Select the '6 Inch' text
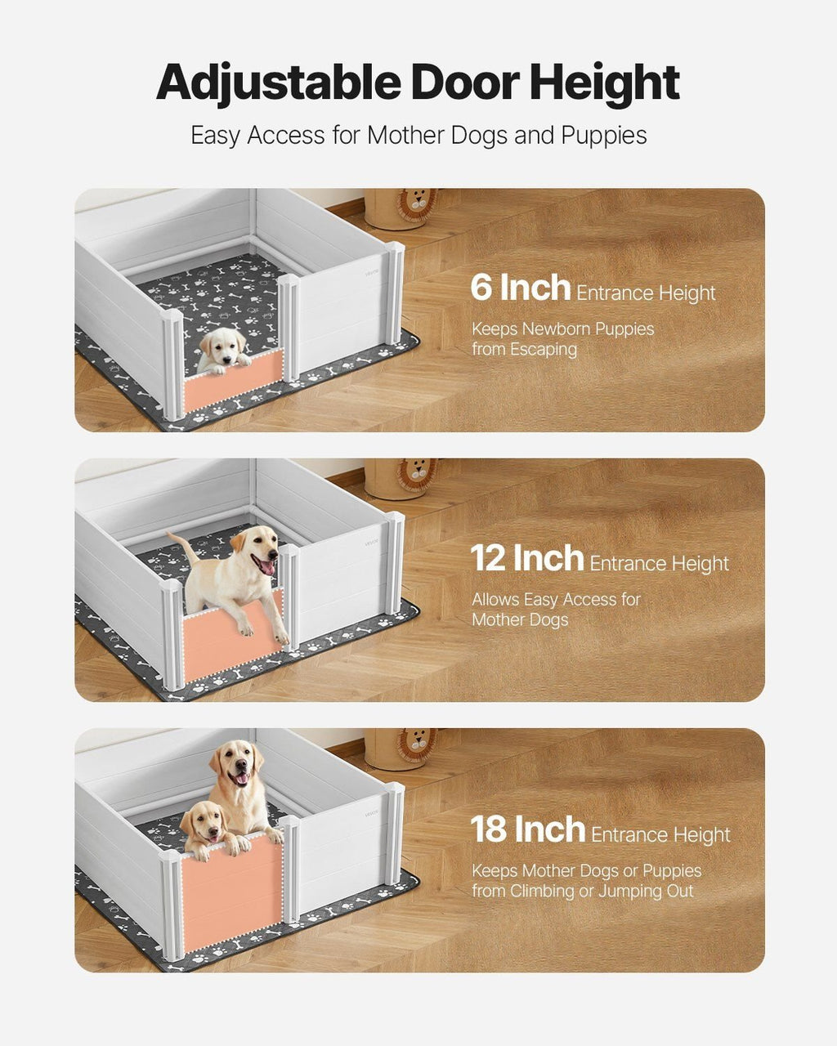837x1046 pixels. pos(520,288)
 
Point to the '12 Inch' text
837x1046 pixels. pos(526,559)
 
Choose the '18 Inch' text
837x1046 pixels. pos(527,829)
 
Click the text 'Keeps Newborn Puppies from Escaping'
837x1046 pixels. pos(562,339)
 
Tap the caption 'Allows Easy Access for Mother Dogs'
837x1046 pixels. pos(556,610)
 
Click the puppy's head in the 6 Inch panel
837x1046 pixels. pos(222,348)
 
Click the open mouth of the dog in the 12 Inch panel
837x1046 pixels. pos(265,565)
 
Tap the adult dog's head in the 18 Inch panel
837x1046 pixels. pos(236,764)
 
